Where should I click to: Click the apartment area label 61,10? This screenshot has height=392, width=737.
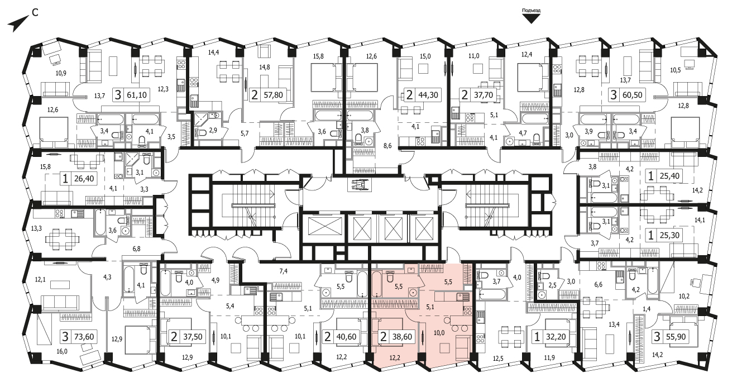[137, 95]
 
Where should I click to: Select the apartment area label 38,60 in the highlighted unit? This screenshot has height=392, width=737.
[402, 336]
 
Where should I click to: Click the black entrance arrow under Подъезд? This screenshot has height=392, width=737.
[531, 19]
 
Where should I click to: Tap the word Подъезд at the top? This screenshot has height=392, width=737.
[531, 10]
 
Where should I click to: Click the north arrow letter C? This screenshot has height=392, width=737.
[35, 12]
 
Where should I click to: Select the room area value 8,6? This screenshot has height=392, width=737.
[387, 146]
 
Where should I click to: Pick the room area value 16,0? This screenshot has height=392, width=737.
[61, 351]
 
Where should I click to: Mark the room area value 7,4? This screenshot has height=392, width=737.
[283, 271]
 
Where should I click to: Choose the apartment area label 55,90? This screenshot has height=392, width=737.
[675, 336]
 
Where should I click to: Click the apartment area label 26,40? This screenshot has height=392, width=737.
[84, 179]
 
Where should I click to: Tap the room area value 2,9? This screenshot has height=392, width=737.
[213, 130]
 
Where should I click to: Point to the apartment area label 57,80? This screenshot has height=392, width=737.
[273, 95]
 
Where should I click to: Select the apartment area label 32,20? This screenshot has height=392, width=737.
[556, 336]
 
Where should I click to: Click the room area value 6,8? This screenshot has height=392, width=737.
[136, 249]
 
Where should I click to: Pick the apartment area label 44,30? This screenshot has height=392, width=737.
[428, 95]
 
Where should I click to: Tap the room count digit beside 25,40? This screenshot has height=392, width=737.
[650, 176]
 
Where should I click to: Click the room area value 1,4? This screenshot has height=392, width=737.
[647, 308]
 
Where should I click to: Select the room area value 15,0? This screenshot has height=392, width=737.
[425, 56]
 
